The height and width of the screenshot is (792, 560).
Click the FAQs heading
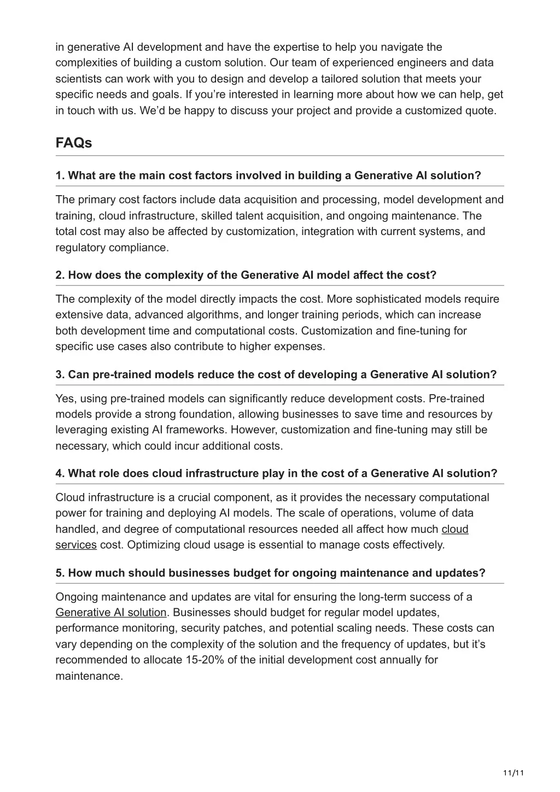(73, 143)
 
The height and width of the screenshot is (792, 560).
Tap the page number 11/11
(514, 773)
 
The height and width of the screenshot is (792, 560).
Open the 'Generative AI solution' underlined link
(111, 613)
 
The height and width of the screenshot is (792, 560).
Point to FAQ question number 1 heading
(268, 175)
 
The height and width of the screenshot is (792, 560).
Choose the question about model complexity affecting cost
(246, 275)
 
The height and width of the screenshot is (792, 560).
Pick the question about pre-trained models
(276, 374)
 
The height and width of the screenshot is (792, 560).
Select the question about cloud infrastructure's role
(276, 473)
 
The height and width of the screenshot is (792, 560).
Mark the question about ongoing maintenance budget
(270, 573)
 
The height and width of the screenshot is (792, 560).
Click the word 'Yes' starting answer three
(65, 399)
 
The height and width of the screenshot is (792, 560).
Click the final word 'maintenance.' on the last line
(89, 676)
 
